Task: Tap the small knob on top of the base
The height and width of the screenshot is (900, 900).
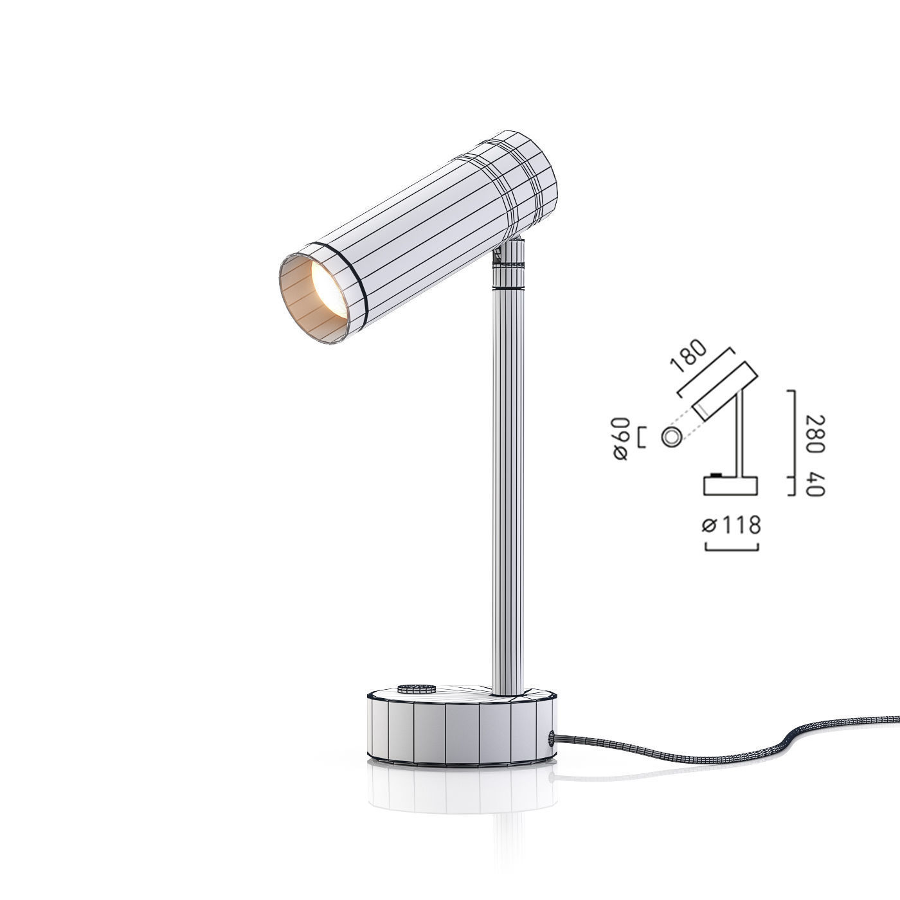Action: [x=417, y=688]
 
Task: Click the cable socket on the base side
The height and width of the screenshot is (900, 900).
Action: [x=552, y=739]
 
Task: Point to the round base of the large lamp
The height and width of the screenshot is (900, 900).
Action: [x=462, y=728]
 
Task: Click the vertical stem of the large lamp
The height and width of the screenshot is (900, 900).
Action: [x=508, y=491]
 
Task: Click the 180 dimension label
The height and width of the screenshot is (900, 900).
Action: [x=687, y=356]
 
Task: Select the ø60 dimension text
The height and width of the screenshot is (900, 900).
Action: [x=621, y=439]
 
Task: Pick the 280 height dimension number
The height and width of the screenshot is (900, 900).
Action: [x=815, y=433]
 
